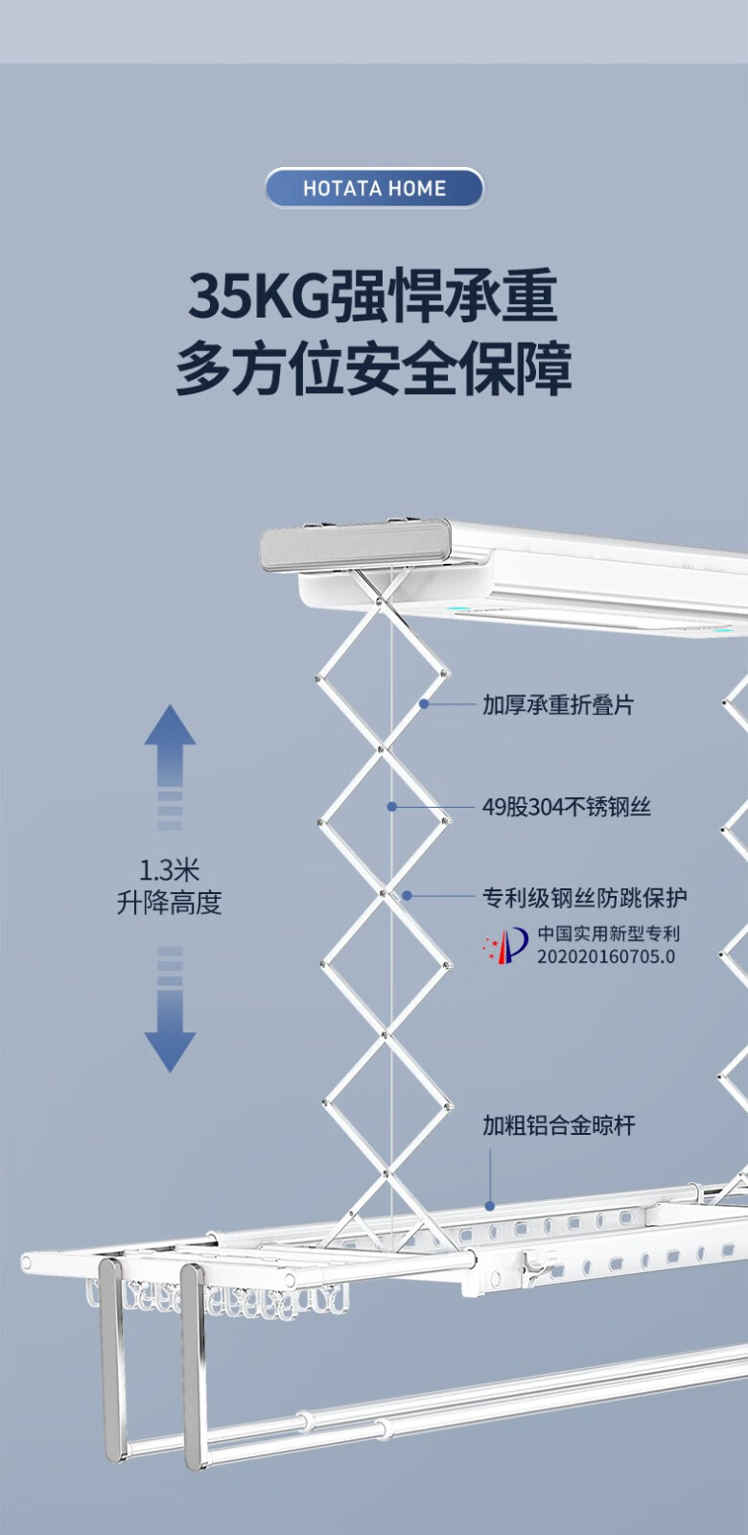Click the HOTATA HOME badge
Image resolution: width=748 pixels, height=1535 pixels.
[374, 188]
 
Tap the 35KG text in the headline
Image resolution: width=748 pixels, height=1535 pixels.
[258, 296]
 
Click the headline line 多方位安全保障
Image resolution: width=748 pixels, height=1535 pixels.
[373, 368]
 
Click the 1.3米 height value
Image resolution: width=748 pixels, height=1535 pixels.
[169, 871]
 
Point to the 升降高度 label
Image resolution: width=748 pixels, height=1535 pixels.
[169, 903]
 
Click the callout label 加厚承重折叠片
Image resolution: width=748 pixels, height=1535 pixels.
[557, 705]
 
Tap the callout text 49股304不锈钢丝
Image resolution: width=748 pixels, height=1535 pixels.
[566, 807]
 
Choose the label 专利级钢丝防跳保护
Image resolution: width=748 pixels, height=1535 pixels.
[584, 898]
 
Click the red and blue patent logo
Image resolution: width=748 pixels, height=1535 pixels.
[505, 945]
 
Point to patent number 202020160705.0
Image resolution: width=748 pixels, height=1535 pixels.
[605, 956]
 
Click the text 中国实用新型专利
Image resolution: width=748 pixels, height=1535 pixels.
[608, 933]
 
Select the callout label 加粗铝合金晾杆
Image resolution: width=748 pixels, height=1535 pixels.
[558, 1125]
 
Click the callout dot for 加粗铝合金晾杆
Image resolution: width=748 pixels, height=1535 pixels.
[490, 1206]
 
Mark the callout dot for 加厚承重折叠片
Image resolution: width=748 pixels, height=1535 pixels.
[423, 704]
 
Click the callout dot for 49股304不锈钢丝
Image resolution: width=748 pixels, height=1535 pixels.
[391, 807]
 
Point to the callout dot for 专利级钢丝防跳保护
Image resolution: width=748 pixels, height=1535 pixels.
[407, 896]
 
